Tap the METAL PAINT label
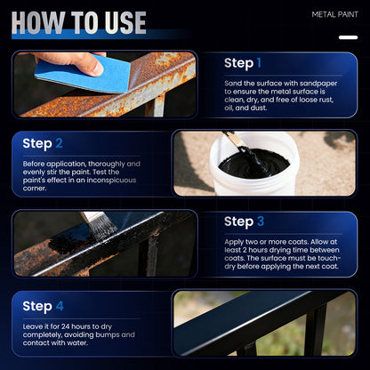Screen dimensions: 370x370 (x=335, y=15)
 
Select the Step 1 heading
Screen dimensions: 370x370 (x=243, y=63)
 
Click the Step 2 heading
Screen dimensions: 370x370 (x=43, y=143)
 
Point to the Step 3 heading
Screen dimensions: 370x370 (x=245, y=221)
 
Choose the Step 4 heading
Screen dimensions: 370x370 (x=43, y=306)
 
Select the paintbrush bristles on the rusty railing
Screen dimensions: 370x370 (x=98, y=227)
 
